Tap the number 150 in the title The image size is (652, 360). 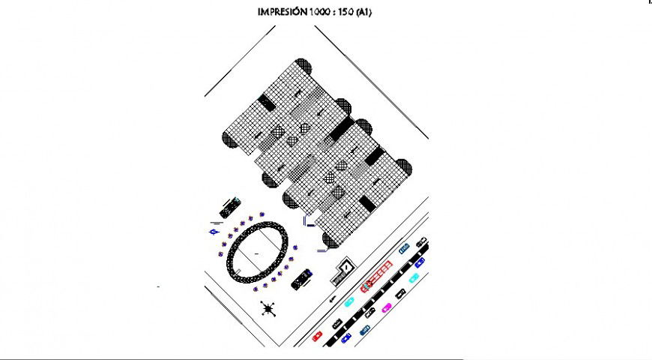(x=345, y=12)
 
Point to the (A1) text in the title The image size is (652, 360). (x=363, y=12)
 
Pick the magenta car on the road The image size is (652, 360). (x=387, y=307)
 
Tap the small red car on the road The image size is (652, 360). (x=317, y=335)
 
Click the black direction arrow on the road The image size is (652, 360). (x=332, y=298)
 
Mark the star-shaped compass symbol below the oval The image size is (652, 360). (x=268, y=307)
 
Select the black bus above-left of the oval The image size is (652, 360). (x=230, y=207)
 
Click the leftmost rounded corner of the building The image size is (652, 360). (x=229, y=139)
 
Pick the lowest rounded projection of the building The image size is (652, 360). (x=328, y=239)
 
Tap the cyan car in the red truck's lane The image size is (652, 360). (x=348, y=302)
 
